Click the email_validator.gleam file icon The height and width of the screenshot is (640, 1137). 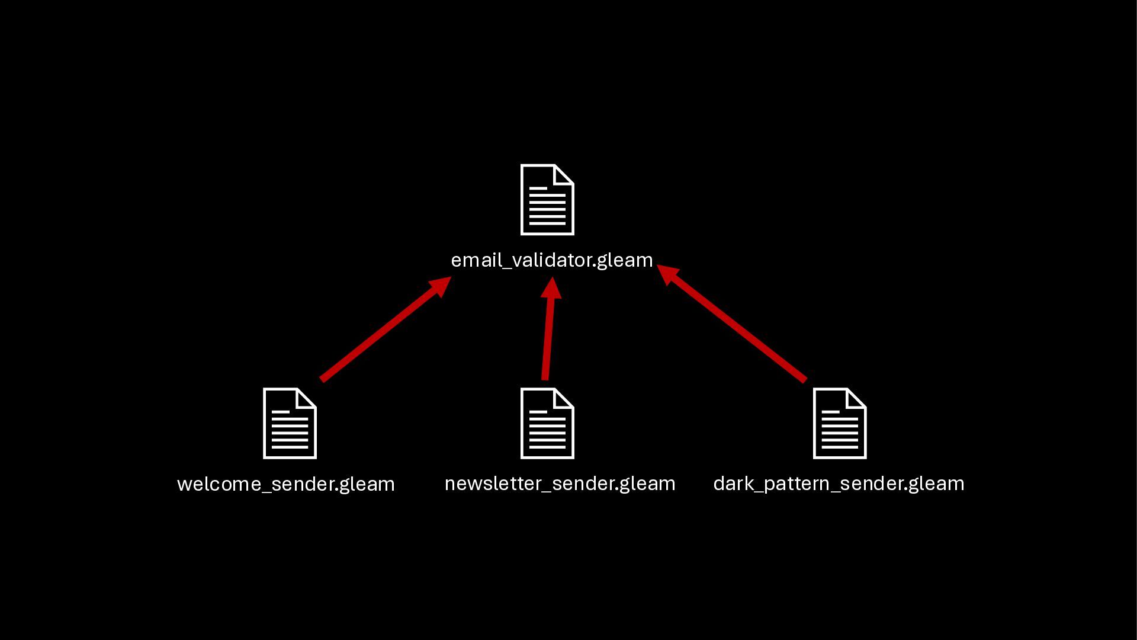[547, 200]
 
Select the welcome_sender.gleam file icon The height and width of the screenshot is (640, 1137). [290, 423]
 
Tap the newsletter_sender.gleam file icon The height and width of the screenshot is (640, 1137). [547, 423]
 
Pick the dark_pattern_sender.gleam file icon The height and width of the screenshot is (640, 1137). [840, 423]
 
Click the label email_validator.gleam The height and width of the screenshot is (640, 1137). [552, 260]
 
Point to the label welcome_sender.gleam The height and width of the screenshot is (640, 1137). [285, 484]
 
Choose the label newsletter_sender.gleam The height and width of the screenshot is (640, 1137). [560, 484]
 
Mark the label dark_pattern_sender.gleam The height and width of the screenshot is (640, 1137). [839, 484]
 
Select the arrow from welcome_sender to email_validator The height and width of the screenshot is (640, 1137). [379, 333]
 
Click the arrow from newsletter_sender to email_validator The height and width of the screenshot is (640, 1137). [547, 338]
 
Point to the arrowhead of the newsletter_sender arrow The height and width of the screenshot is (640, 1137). [551, 289]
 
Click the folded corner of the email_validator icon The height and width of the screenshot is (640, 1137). [564, 174]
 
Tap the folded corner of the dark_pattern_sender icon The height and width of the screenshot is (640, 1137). [857, 398]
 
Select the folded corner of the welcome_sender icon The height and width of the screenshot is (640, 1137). [307, 398]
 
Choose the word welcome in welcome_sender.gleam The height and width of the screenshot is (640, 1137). [219, 484]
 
